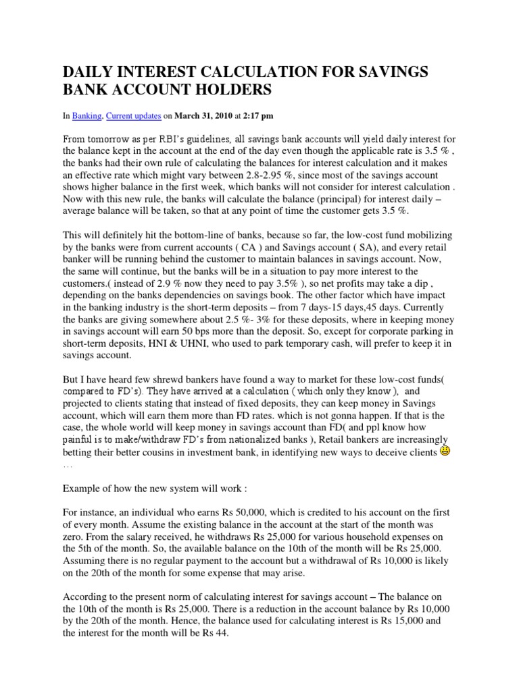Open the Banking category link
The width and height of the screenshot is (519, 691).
(86, 117)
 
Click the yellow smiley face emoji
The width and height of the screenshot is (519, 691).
(445, 470)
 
